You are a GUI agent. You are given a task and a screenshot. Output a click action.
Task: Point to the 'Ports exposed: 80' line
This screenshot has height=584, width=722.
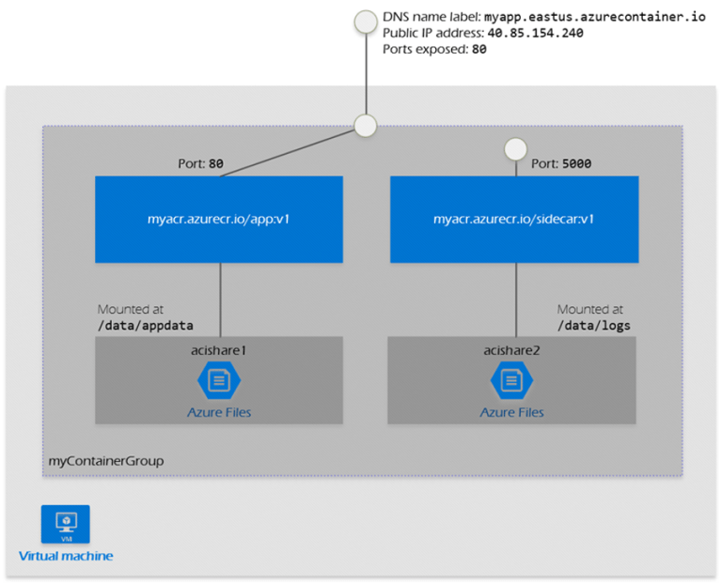pos(434,49)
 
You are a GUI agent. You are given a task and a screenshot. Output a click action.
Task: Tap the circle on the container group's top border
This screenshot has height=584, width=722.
pos(364,125)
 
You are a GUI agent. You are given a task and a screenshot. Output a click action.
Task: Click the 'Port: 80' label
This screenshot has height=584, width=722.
pos(202,163)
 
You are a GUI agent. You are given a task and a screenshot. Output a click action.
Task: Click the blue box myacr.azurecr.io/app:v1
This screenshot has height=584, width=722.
pos(220,219)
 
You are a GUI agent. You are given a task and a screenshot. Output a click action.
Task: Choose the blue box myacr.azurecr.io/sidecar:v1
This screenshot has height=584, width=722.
pos(514,219)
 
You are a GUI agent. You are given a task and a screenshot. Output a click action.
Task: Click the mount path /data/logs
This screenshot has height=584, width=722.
pos(593,325)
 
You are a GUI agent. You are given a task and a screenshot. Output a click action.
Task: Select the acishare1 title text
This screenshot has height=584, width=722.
pos(219,349)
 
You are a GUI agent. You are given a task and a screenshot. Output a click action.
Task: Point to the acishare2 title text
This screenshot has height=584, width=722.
pos(512,349)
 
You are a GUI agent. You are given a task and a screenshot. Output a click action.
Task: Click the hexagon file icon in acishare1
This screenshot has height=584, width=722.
pos(219,380)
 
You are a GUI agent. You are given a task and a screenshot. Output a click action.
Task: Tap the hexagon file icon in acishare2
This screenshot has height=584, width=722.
pos(512,380)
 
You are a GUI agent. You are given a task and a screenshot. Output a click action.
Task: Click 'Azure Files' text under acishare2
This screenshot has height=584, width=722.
pos(512,411)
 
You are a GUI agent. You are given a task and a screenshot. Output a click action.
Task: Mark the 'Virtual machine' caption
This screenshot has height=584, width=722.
pos(66,556)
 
